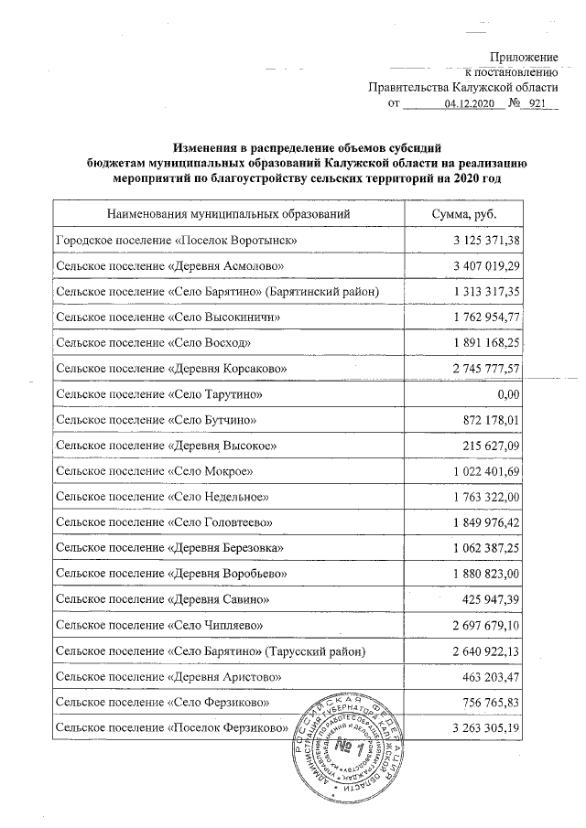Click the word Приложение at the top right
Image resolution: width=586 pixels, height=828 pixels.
(524, 58)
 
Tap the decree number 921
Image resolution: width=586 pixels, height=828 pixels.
(537, 105)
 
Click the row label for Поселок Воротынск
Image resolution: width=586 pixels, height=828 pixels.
(175, 240)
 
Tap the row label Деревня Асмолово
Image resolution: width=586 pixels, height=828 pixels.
(172, 265)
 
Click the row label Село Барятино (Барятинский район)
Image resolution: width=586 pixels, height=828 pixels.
(217, 291)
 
